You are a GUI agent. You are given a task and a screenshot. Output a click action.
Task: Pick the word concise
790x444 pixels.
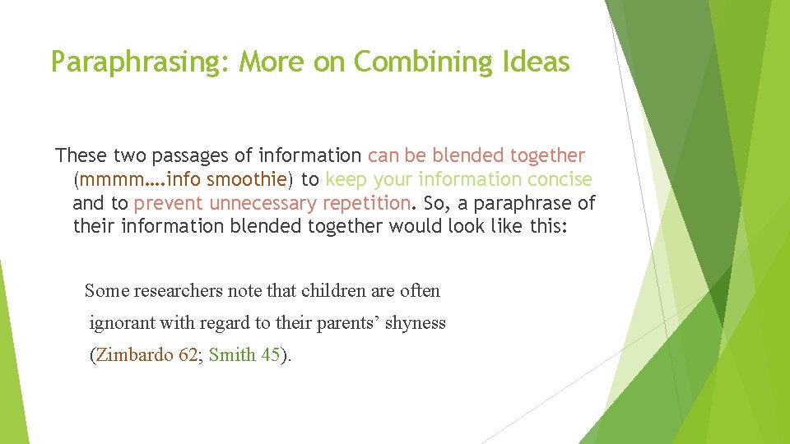558,179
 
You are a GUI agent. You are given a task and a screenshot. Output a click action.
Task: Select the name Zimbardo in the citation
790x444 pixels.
134,355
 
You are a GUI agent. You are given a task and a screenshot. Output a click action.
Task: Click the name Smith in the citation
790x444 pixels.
233,355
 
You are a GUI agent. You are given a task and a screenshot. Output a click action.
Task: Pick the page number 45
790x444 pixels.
271,355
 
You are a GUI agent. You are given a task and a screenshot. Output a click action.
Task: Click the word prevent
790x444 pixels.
169,203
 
